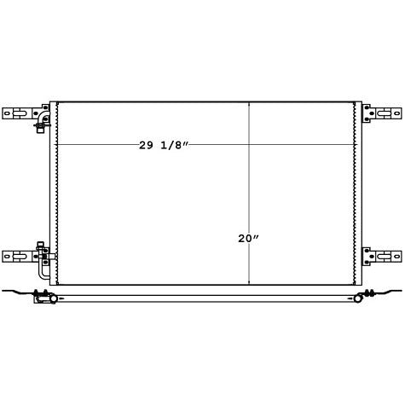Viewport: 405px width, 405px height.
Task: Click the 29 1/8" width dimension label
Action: (x=164, y=146)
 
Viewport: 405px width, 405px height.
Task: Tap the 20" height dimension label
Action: (x=248, y=239)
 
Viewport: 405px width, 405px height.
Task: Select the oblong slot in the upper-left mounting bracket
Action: (x=20, y=113)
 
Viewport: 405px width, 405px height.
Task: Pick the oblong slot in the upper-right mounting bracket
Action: (x=384, y=113)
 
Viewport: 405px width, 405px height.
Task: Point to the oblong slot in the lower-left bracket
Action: (x=20, y=257)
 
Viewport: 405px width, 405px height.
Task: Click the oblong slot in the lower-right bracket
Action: (x=384, y=257)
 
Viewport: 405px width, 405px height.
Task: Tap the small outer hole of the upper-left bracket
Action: (x=7, y=113)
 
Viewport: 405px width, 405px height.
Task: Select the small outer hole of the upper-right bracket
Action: (x=396, y=113)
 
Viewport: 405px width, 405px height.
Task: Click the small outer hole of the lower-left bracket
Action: (x=7, y=257)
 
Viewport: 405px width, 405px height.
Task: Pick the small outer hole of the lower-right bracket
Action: (x=396, y=257)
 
